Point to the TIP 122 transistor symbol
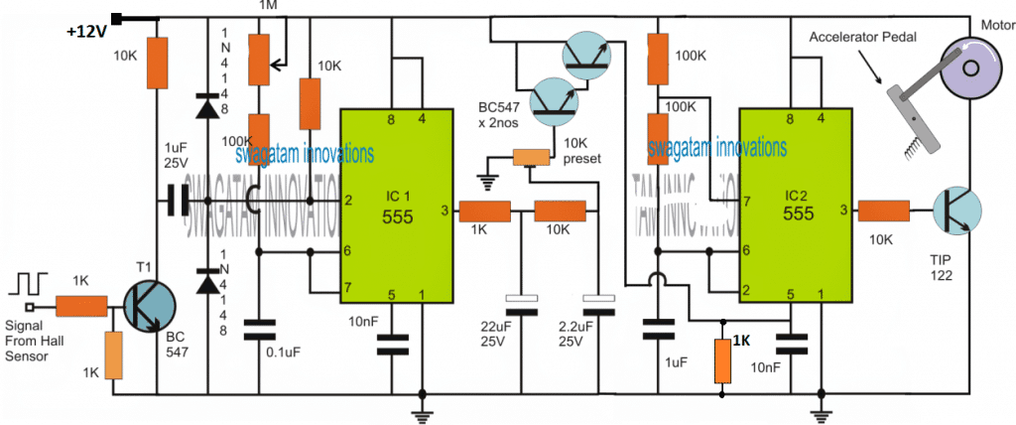click(953, 211)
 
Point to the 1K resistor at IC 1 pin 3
click(484, 211)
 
